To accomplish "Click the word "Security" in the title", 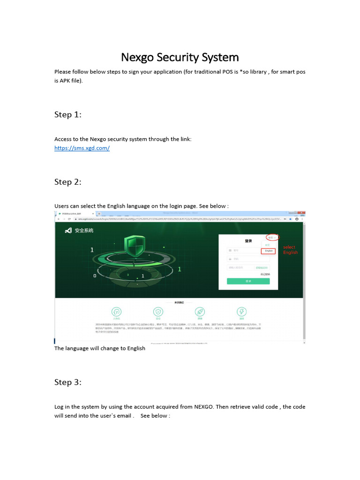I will pos(176,57).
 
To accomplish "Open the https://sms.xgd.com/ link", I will pos(82,148).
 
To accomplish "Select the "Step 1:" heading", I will pos(68,114).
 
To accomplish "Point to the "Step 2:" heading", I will pos(68,182).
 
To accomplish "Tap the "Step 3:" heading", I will pos(68,382).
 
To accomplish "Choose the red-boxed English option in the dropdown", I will pos(269,251).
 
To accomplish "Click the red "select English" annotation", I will pos(290,250).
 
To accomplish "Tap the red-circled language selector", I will pos(271,238).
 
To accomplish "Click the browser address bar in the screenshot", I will pos(178,219).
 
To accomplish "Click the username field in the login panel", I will pos(248,250).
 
